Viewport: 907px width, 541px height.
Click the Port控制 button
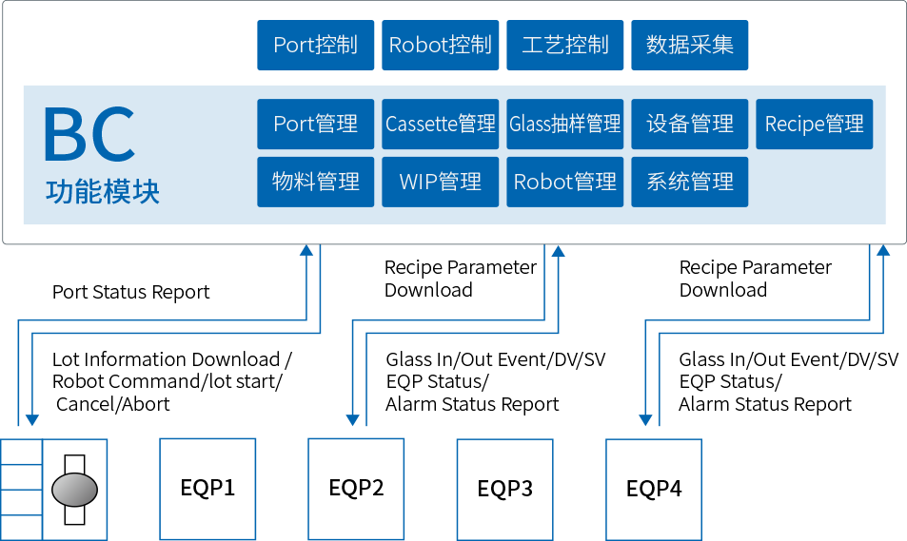point(316,45)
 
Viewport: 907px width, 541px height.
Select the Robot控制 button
point(440,45)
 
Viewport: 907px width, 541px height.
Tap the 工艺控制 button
point(565,45)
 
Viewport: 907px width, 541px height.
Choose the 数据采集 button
point(690,45)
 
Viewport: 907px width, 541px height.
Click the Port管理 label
point(316,124)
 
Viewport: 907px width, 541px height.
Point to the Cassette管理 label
point(441,124)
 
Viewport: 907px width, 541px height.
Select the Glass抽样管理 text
point(565,124)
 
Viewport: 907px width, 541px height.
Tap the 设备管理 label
point(690,124)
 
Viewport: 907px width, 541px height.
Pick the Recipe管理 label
point(815,124)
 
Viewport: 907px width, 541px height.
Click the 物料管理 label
point(316,182)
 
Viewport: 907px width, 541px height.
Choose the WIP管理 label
point(441,182)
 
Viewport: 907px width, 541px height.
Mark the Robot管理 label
point(565,182)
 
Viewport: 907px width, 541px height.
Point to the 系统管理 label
point(690,182)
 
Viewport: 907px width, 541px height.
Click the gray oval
point(74,490)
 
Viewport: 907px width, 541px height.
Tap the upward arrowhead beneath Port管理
point(306,251)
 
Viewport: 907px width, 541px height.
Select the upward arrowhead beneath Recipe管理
point(883,251)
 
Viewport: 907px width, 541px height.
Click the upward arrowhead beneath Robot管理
point(559,251)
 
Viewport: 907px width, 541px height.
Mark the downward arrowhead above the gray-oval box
point(32,419)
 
